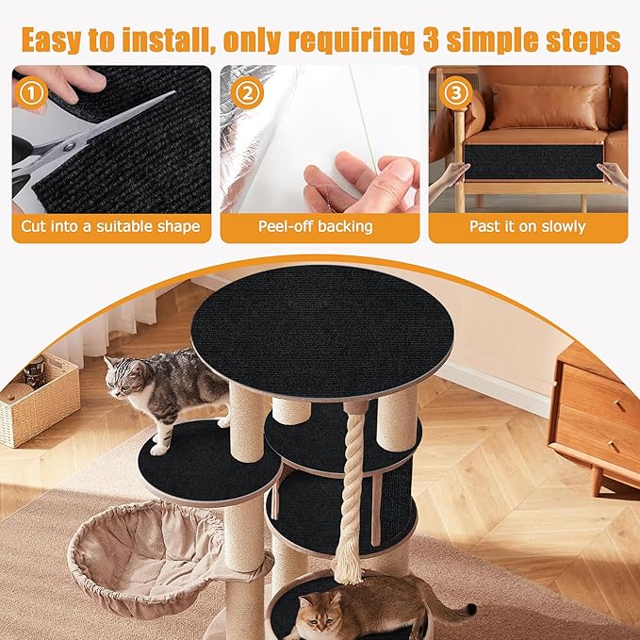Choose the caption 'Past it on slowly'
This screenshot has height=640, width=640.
coord(527,227)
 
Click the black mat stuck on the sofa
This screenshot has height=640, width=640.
coord(533,161)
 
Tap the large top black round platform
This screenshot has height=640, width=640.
coord(321,330)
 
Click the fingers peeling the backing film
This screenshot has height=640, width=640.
coord(363,184)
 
